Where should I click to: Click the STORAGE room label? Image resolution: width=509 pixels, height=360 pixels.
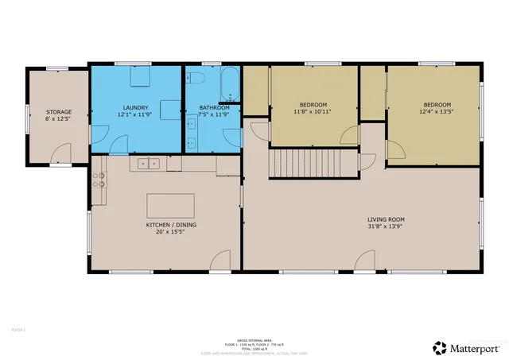[59, 112]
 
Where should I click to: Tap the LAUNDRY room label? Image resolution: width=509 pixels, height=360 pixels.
[136, 107]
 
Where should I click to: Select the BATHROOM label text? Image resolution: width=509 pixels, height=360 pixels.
[214, 107]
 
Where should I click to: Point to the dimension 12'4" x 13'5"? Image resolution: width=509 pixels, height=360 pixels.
[437, 112]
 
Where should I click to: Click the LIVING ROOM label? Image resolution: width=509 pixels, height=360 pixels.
[386, 219]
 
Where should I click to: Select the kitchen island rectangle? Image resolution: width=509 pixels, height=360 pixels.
[170, 205]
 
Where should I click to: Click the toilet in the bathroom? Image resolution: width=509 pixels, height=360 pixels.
[196, 78]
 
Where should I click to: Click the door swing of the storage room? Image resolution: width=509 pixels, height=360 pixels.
[52, 153]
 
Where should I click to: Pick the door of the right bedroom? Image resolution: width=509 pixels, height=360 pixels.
[394, 150]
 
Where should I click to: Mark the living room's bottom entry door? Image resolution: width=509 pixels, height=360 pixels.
[365, 261]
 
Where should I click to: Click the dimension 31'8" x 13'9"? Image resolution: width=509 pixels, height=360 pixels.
[386, 227]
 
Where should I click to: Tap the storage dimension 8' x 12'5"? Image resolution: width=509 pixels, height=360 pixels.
[59, 120]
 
